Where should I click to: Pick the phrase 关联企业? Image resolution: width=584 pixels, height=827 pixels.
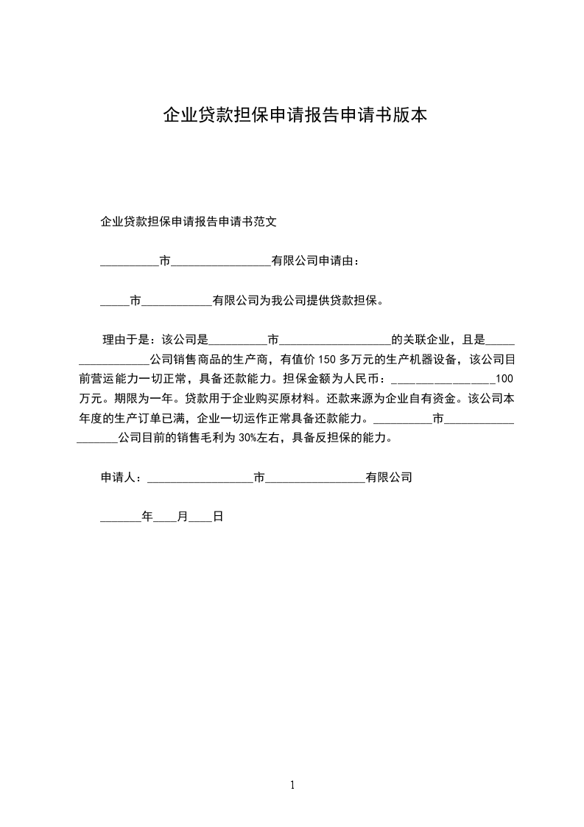426,341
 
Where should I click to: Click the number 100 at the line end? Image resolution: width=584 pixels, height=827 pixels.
504,380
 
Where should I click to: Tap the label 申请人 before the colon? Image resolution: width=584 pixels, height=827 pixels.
118,478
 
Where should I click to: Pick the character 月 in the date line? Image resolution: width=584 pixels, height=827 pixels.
182,517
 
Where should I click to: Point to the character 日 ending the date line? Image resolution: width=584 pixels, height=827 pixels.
218,517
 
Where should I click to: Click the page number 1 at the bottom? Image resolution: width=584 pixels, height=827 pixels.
292,785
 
